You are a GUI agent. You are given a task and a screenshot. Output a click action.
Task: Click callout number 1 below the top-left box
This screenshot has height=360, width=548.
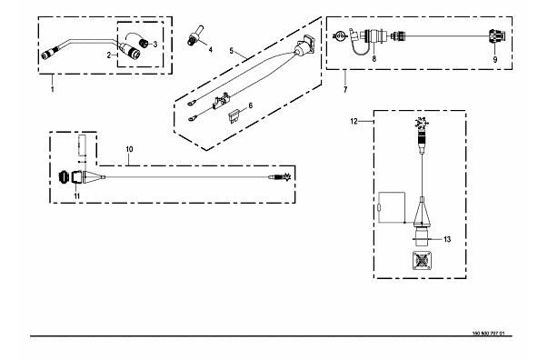[53, 89]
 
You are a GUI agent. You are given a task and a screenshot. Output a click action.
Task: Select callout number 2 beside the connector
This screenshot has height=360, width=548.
[109, 55]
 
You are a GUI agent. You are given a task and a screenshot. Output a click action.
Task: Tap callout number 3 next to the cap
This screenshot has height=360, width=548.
[155, 45]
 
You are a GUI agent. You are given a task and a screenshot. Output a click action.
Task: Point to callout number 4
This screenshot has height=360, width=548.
[211, 50]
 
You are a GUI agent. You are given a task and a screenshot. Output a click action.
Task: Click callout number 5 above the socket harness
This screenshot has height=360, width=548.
[232, 51]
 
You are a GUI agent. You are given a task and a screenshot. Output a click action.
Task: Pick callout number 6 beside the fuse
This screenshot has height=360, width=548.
[250, 105]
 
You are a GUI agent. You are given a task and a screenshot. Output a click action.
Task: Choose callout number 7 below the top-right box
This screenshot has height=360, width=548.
[345, 89]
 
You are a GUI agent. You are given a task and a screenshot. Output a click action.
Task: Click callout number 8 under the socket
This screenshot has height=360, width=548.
[374, 59]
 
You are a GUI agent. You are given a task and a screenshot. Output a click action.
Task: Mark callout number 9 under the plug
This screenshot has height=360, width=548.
[495, 60]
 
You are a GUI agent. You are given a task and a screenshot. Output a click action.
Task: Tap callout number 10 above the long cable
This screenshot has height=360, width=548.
[129, 149]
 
